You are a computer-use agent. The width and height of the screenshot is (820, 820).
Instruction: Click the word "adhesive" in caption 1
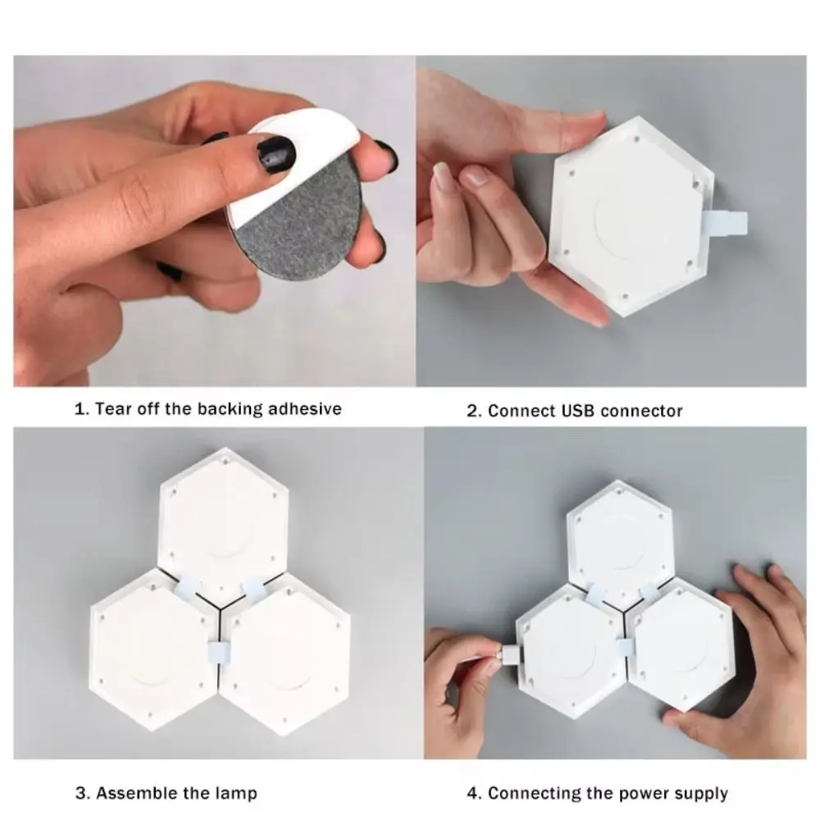[305, 408]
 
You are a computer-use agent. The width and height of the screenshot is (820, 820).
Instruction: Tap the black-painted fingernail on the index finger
[276, 154]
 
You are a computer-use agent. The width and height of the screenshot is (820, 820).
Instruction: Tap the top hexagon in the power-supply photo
[620, 544]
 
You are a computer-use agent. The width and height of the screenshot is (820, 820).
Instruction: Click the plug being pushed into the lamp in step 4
[510, 654]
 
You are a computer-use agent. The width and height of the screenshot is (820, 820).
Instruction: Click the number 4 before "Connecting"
[472, 793]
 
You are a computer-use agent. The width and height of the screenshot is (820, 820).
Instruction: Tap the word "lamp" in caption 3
[236, 794]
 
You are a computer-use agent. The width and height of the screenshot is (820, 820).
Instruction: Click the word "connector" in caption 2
[642, 411]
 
